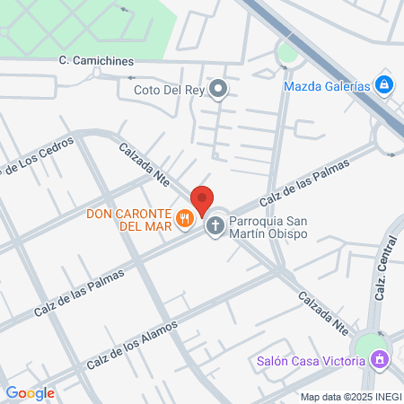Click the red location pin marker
click(x=202, y=200)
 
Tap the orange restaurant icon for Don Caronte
click(x=185, y=217)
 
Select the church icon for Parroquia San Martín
click(x=215, y=224)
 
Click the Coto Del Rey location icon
click(x=218, y=88)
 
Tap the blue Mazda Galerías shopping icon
click(x=383, y=85)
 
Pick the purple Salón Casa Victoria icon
click(x=381, y=360)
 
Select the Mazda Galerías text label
click(x=326, y=86)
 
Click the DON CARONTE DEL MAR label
click(x=129, y=219)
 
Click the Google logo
click(x=30, y=392)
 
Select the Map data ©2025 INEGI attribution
click(x=350, y=397)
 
